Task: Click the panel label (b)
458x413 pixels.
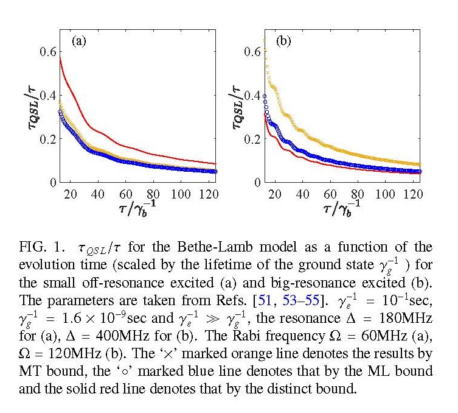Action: (x=283, y=41)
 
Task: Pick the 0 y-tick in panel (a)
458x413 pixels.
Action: (x=53, y=182)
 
